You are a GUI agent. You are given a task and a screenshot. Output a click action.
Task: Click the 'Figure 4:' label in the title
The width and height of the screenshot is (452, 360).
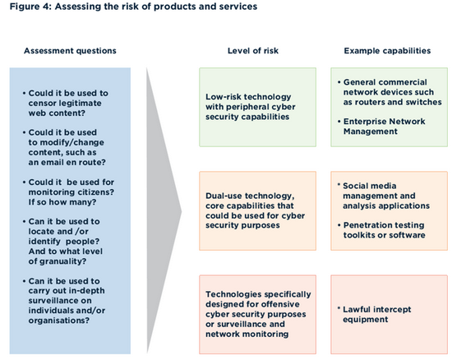click(30, 7)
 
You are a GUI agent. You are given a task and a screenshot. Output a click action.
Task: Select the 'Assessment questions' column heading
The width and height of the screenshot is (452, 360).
click(70, 51)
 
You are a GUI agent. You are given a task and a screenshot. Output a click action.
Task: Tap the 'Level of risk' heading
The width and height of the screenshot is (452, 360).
click(253, 51)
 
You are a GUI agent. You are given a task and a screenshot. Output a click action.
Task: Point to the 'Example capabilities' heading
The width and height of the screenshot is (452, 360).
click(387, 51)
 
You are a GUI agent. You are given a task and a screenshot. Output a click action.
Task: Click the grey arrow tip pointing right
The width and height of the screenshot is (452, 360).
click(181, 211)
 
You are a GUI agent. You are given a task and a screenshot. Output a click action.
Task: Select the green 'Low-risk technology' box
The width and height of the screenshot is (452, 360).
click(258, 107)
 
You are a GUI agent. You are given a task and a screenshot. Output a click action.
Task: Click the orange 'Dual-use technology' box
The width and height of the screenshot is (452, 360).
click(258, 210)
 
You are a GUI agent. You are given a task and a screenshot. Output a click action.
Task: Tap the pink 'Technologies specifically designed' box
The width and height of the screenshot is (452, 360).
click(258, 315)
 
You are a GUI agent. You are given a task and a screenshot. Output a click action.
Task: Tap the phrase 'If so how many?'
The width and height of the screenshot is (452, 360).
click(62, 202)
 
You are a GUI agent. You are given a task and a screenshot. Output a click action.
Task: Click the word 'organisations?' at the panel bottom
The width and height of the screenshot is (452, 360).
click(59, 321)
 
